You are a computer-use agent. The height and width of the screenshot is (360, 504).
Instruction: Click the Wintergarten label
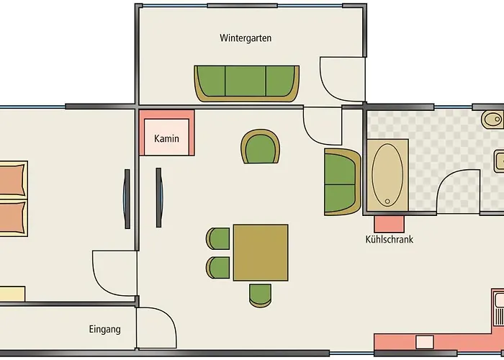coord(246,38)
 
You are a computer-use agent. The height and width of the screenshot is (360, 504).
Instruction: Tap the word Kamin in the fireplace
coord(166,138)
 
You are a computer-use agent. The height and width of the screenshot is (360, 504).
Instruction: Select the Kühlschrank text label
coord(390,240)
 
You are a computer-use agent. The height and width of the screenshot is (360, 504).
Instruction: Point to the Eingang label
coord(105,330)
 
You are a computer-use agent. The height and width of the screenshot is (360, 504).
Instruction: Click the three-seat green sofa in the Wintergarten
coord(246,84)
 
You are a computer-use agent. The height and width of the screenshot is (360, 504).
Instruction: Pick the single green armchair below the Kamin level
coord(261,147)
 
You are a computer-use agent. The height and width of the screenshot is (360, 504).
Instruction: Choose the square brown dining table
coord(261,253)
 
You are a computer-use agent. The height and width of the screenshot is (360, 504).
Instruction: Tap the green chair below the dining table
coord(260,295)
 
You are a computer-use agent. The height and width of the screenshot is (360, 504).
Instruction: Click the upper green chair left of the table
coord(218,238)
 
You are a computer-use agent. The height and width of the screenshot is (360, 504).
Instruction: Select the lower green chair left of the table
coord(218,267)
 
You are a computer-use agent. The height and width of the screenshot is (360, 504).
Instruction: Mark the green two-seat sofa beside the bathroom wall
coord(343,181)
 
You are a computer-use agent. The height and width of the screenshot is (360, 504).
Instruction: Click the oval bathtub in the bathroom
coord(387,175)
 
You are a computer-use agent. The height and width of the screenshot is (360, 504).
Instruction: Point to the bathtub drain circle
coord(387,202)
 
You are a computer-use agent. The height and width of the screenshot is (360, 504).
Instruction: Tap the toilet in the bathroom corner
coord(492,120)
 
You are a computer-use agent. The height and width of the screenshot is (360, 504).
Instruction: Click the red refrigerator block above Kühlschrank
coord(390,224)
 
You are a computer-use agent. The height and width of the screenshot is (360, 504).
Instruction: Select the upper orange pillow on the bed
coord(12,180)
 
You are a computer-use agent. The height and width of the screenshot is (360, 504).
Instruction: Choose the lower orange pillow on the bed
coord(12,217)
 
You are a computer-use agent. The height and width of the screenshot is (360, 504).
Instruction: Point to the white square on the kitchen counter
coord(425,342)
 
